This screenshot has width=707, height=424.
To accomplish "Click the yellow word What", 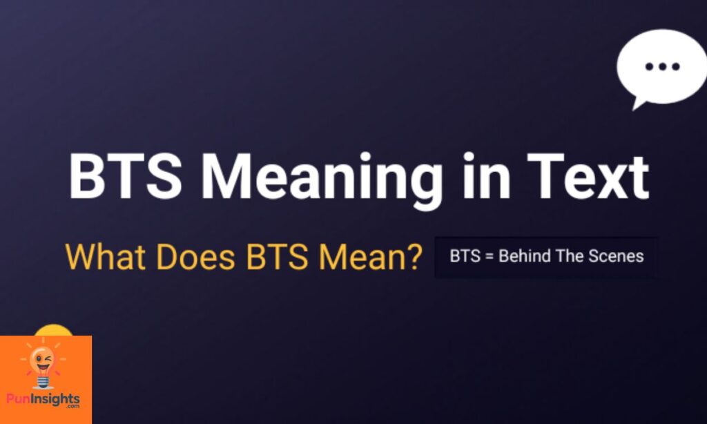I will (x=105, y=257).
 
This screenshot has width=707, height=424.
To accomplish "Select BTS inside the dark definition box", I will (x=464, y=257).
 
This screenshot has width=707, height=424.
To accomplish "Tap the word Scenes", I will (x=616, y=257).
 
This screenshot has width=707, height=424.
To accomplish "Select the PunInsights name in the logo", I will (x=43, y=398).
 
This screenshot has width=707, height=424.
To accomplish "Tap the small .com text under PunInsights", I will (x=72, y=407).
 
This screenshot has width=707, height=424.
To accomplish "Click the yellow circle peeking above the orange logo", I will (x=53, y=330).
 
